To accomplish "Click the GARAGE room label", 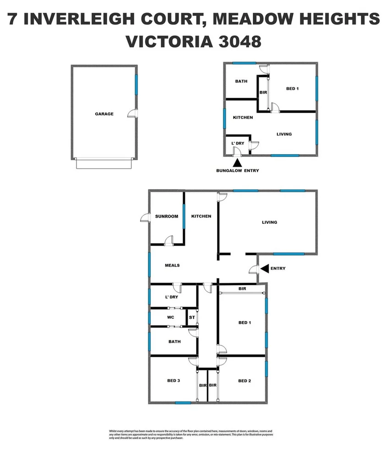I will pyautogui.click(x=104, y=114).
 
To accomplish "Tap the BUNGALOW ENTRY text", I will pyautogui.click(x=238, y=171).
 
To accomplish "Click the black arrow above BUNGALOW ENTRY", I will pyautogui.click(x=237, y=162).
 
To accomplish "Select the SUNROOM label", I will pyautogui.click(x=166, y=217).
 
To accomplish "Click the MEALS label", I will pyautogui.click(x=172, y=265).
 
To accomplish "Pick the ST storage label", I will pyautogui.click(x=192, y=317).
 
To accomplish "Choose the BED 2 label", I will pyautogui.click(x=245, y=381).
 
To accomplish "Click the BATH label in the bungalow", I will pyautogui.click(x=241, y=81).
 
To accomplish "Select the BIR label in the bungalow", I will pyautogui.click(x=263, y=92).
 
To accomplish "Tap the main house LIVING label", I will pyautogui.click(x=269, y=223).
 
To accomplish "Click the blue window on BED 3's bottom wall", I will pyautogui.click(x=183, y=403).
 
